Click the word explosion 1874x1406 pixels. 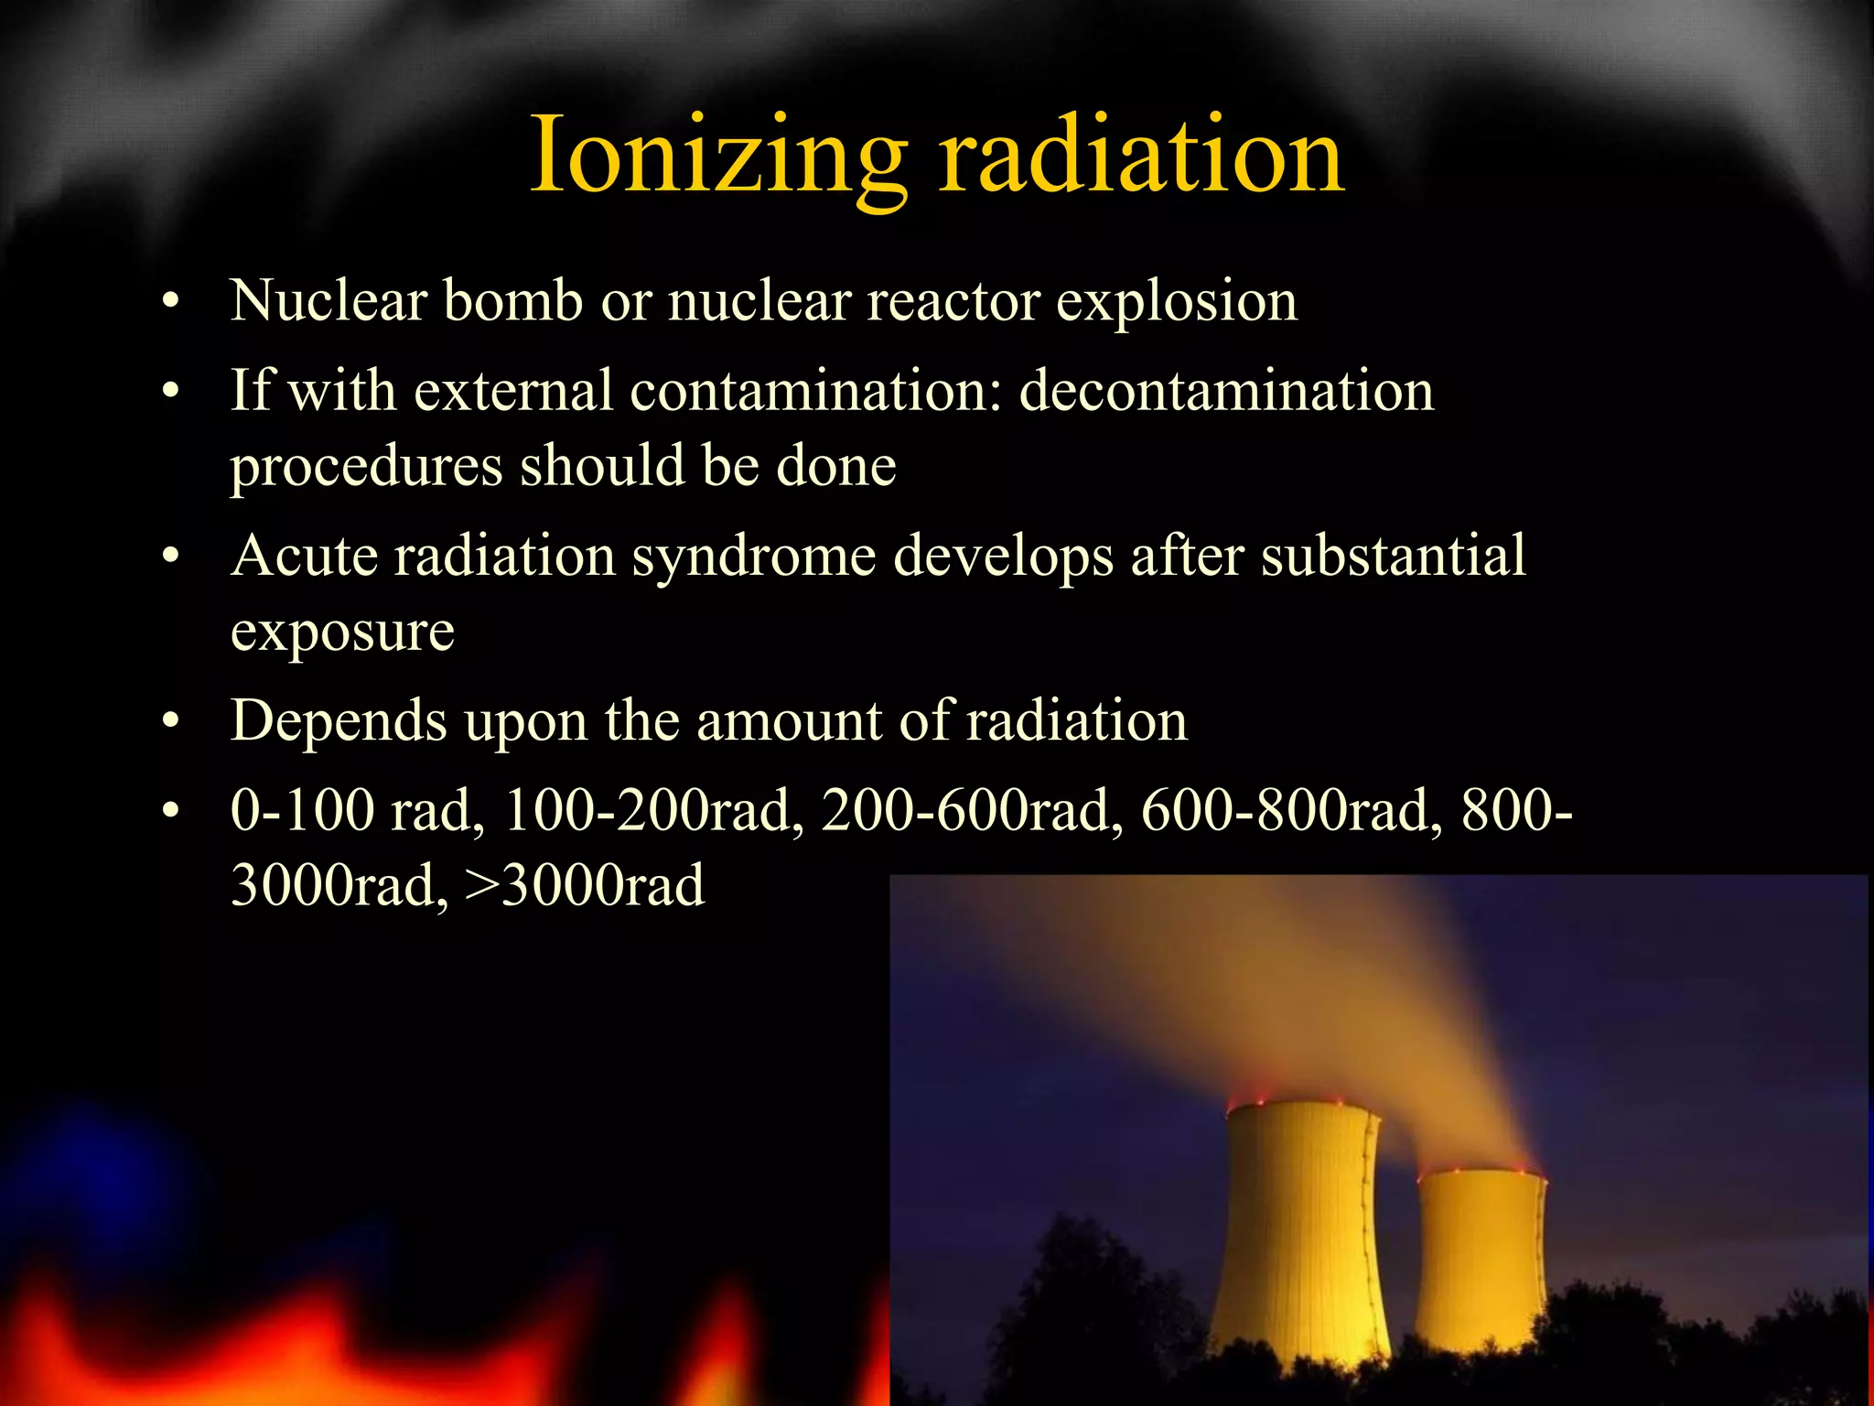[1177, 302]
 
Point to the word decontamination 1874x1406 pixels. [1226, 391]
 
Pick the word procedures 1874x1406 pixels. [366, 468]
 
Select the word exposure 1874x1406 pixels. [342, 632]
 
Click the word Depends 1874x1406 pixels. [339, 722]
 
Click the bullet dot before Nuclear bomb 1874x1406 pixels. [170, 303]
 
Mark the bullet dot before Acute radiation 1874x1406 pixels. [170, 557]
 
